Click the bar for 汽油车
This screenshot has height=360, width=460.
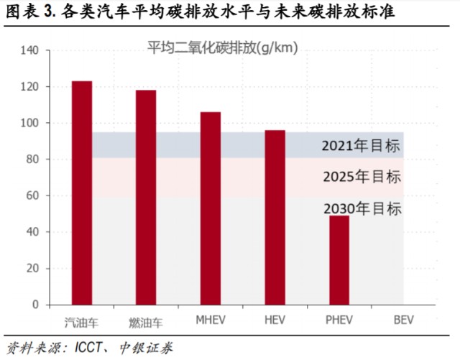pyautogui.click(x=82, y=193)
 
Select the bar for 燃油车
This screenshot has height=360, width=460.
pyautogui.click(x=146, y=198)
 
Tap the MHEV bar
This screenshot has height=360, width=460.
pyautogui.click(x=211, y=208)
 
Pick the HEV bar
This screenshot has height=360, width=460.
pyautogui.click(x=275, y=218)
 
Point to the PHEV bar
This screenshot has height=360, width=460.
pyautogui.click(x=339, y=260)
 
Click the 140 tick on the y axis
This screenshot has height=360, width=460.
pyautogui.click(x=29, y=50)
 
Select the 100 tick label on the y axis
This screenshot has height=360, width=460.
pyautogui.click(x=29, y=123)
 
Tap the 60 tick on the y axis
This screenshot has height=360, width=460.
pyautogui.click(x=32, y=195)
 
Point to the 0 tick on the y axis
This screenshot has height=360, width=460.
pyautogui.click(x=35, y=305)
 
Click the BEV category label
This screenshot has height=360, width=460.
pyautogui.click(x=404, y=320)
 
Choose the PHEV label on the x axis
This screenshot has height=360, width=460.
pyautogui.click(x=339, y=320)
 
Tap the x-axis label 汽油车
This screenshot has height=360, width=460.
pyautogui.click(x=81, y=323)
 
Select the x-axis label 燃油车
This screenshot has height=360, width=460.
pyautogui.click(x=146, y=323)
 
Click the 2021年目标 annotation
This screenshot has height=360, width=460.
pyautogui.click(x=361, y=146)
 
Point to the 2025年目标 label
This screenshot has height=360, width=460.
pyautogui.click(x=362, y=177)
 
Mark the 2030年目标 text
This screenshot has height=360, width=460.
pyautogui.click(x=362, y=208)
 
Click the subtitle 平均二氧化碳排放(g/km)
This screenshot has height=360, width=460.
pyautogui.click(x=222, y=47)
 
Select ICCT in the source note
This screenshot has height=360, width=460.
pyautogui.click(x=88, y=349)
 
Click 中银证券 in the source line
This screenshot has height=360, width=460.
pyautogui.click(x=146, y=349)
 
